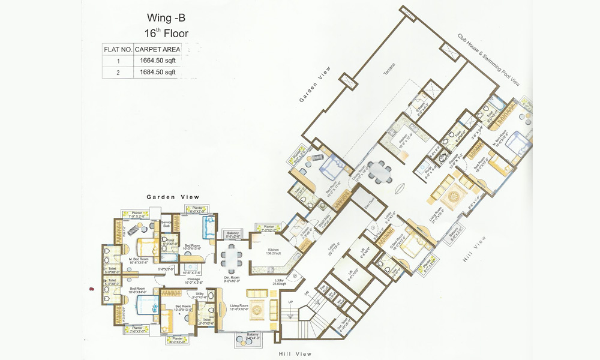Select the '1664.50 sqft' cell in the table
(x=157, y=61)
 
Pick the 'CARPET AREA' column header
(x=157, y=49)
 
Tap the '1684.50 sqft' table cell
(x=157, y=72)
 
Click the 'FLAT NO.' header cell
(x=118, y=49)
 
